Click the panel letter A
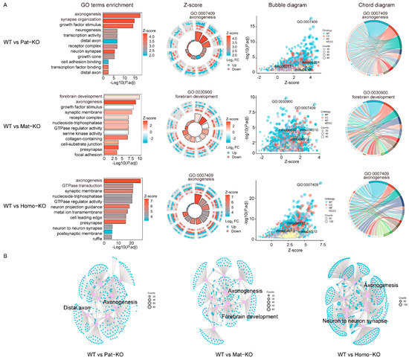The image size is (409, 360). pyautogui.click(x=6, y=4)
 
